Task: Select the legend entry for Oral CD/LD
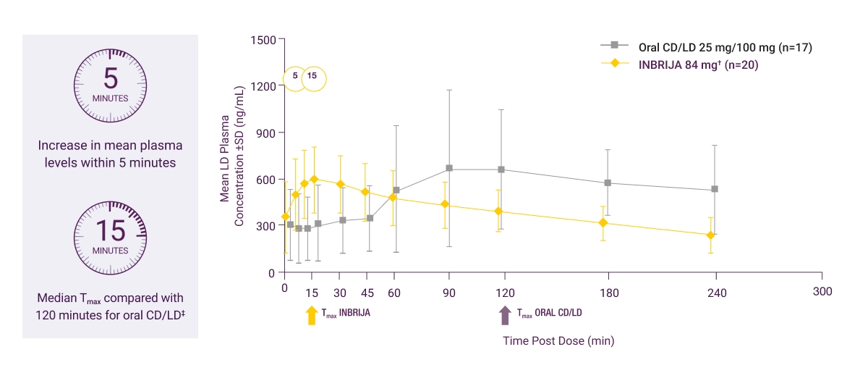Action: pyautogui.click(x=707, y=48)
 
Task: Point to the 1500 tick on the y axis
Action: pyautogui.click(x=263, y=39)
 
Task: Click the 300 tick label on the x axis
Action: pyautogui.click(x=822, y=292)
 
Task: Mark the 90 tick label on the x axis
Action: pyautogui.click(x=449, y=292)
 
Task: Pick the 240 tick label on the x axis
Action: pyautogui.click(x=715, y=292)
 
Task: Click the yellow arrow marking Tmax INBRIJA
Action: pyautogui.click(x=312, y=315)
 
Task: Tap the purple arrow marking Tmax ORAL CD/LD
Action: pyautogui.click(x=504, y=315)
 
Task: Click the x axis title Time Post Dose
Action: pyautogui.click(x=558, y=340)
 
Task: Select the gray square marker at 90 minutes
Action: pyautogui.click(x=449, y=168)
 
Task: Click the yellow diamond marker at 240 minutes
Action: pyautogui.click(x=711, y=235)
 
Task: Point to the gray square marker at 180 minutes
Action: pyautogui.click(x=608, y=183)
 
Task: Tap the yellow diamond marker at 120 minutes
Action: pyautogui.click(x=498, y=211)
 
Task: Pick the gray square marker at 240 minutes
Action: pyautogui.click(x=715, y=189)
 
